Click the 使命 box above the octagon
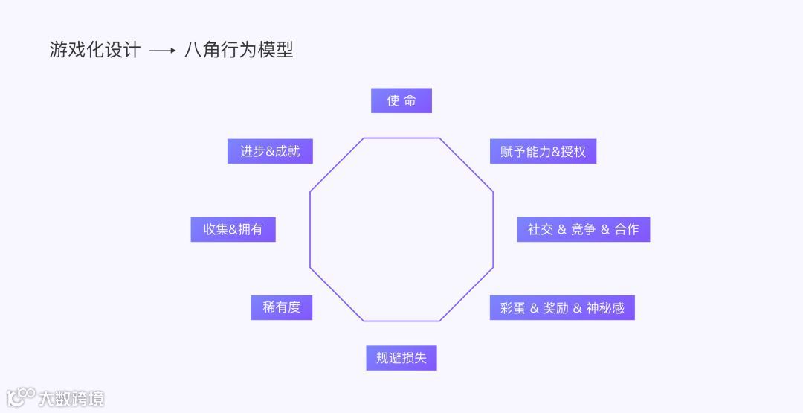coord(401,100)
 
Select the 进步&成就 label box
coord(270,151)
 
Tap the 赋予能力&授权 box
coord(543,151)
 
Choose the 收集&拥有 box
coord(233,229)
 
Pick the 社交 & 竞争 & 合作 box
coord(583,229)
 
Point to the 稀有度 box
coord(281,307)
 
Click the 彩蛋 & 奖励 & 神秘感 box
coord(561,307)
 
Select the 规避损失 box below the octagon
coord(401,358)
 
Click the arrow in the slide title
coord(162,51)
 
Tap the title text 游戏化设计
coord(94,50)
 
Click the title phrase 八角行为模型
coord(239,50)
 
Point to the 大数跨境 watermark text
coord(71,398)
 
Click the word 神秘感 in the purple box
coord(605,307)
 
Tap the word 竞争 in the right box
coord(584,229)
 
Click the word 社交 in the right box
coord(541,229)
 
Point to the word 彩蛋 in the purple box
coord(513,307)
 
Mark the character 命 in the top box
coord(410,100)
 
